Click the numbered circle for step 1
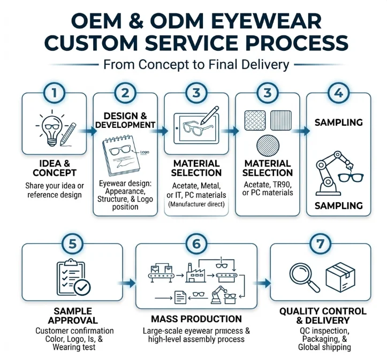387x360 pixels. [54, 93]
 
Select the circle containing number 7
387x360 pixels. [320, 243]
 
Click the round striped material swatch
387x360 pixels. [267, 144]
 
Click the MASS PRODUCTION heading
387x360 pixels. [196, 319]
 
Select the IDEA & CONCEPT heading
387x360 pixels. [54, 168]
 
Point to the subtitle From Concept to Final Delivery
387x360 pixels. [196, 65]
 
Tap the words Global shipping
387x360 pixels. [324, 347]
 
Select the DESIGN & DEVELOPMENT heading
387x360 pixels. [125, 120]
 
